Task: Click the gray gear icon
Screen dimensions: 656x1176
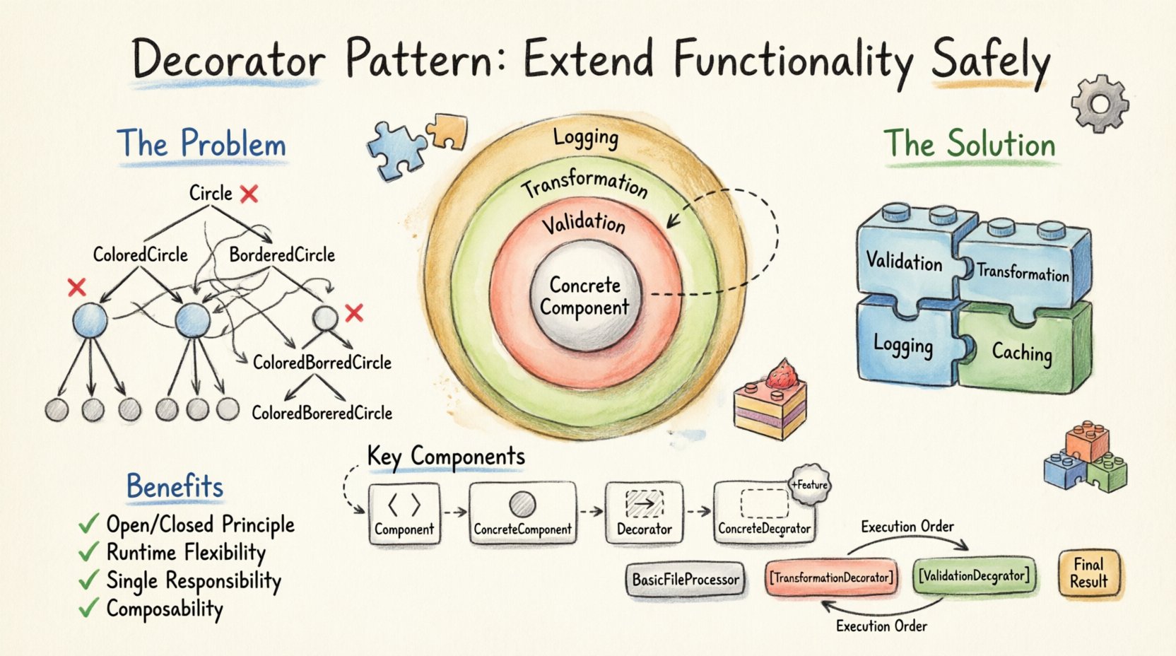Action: pos(1100,105)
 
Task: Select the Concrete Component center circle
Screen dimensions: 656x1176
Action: pos(585,295)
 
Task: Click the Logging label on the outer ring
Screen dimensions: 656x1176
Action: pos(585,136)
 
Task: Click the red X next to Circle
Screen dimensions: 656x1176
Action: pos(249,194)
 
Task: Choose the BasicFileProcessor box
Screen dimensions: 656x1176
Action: pos(685,580)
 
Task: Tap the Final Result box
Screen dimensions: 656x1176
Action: pos(1088,573)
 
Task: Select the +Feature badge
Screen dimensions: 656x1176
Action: pos(809,485)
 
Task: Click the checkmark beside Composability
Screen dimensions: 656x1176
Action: pos(88,608)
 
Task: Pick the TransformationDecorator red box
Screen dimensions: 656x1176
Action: pos(830,578)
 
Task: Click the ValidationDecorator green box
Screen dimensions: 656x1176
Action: pos(973,575)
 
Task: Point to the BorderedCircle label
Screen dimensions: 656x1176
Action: pos(282,254)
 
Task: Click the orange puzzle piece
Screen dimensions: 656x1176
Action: pos(449,131)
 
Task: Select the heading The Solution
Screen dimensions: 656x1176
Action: pos(969,144)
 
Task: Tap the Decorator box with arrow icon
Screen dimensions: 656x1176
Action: pos(644,513)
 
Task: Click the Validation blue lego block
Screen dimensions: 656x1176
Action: pos(905,262)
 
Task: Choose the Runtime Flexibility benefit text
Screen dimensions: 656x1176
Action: pos(186,552)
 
